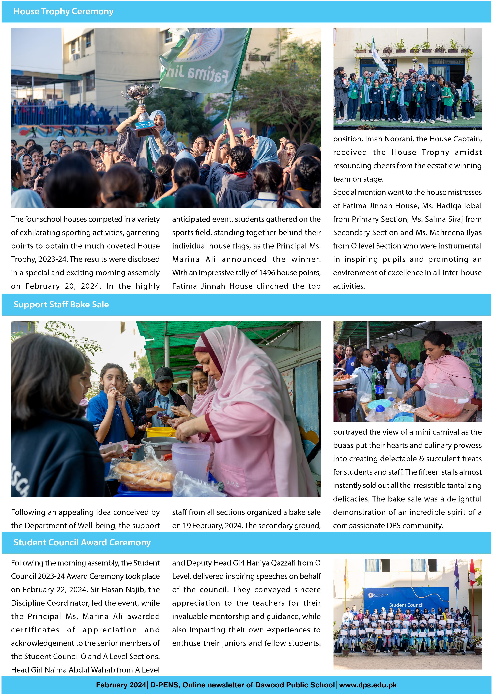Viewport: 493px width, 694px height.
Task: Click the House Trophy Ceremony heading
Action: pos(63,11)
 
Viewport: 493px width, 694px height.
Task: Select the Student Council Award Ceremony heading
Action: pos(82,542)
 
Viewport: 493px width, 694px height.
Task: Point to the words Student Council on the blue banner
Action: pos(406,605)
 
